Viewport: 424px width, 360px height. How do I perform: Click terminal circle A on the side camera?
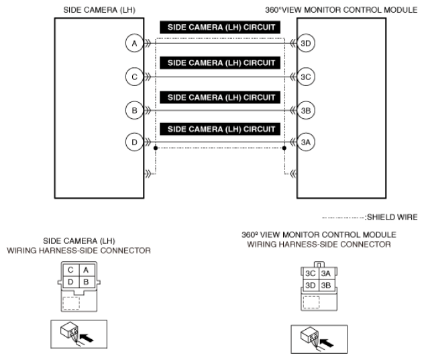click(135, 43)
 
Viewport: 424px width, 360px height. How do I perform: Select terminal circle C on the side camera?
click(135, 76)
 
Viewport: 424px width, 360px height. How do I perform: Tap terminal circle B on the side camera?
click(135, 109)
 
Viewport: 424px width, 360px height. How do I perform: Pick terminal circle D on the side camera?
click(135, 142)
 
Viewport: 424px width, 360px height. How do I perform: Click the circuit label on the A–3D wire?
click(221, 28)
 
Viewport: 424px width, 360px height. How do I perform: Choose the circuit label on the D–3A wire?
click(221, 128)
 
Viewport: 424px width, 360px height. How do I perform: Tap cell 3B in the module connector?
click(326, 285)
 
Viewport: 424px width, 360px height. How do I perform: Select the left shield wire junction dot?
click(156, 147)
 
